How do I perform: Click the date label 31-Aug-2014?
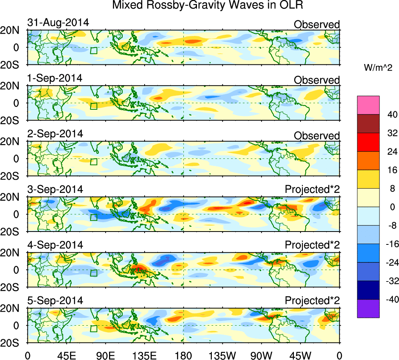(58, 23)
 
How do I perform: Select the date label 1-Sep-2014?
(55, 78)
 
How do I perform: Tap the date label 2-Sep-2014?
(55, 134)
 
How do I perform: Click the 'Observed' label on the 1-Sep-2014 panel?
(317, 80)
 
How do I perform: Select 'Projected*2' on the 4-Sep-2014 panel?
(312, 245)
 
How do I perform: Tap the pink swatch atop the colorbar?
(368, 105)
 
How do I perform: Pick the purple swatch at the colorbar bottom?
(368, 308)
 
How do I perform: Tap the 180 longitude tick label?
(183, 355)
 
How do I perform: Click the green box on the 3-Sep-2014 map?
(93, 217)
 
